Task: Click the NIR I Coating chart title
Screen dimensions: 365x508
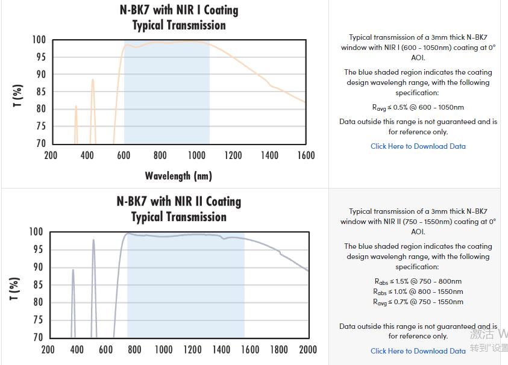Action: coord(179,18)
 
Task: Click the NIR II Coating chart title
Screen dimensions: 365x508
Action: coord(179,209)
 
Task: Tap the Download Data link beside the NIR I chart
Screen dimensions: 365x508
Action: coord(418,146)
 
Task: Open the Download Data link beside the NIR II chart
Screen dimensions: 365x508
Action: coord(418,351)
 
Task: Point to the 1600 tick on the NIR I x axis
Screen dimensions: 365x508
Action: coord(306,155)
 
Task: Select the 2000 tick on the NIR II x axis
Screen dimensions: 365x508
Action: coord(307,349)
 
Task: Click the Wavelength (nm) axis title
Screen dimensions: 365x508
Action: coord(178,176)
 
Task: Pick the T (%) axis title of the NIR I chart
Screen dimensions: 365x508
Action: coord(18,96)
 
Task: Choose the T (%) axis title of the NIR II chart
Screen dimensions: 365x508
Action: coord(15,289)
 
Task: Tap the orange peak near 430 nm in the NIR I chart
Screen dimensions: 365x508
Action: coord(93,80)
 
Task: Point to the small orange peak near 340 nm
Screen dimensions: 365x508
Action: coord(76,107)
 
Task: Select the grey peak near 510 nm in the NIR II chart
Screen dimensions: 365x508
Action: coord(93,240)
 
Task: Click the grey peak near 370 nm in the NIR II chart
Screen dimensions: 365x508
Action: coord(73,270)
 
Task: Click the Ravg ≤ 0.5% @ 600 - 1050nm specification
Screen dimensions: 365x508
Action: coord(418,108)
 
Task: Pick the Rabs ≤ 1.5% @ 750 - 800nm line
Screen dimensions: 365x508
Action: coord(418,281)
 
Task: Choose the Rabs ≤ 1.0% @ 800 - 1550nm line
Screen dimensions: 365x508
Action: coord(418,292)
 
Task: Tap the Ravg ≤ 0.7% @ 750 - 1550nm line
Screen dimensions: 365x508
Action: coord(418,302)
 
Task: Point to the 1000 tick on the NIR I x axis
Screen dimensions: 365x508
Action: coord(196,155)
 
